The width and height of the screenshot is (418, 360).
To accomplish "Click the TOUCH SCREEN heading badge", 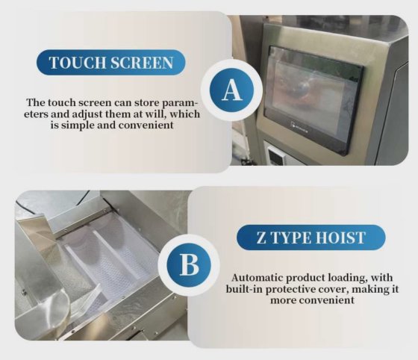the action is (111, 63).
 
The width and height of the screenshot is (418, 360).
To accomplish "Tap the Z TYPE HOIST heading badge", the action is (311, 238).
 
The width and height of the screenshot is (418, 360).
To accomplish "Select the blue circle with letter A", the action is (232, 90).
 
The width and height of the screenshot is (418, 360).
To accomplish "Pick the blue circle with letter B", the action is (189, 265).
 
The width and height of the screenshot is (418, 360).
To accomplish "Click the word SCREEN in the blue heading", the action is (142, 63).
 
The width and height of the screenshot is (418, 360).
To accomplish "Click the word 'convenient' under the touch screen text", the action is (146, 125).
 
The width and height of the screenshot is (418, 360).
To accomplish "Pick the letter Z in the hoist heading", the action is (261, 238).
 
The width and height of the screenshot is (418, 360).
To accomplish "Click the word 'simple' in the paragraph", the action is (78, 125).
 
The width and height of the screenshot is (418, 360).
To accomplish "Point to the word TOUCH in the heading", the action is (78, 63).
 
